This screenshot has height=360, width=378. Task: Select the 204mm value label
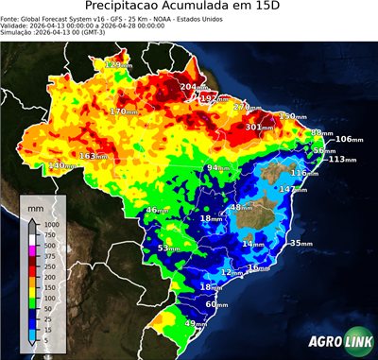[197, 87]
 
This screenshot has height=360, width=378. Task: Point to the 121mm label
[119, 64]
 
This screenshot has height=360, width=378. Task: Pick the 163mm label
[94, 156]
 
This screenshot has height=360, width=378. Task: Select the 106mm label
[349, 139]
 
